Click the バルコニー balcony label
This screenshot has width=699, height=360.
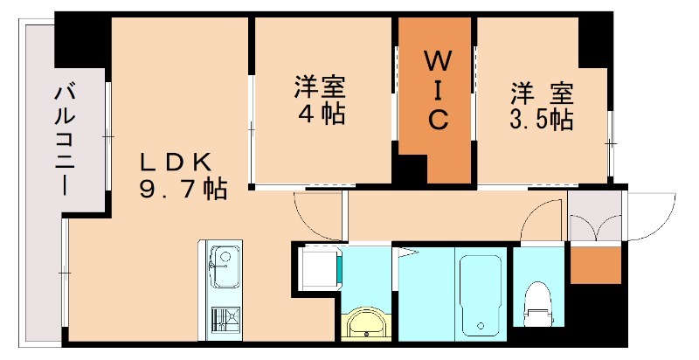tap(63, 139)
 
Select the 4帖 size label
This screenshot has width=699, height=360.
tap(320, 114)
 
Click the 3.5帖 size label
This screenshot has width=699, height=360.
tap(541, 119)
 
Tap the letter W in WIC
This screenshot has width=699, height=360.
tap(437, 61)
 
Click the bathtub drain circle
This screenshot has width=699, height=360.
tap(480, 326)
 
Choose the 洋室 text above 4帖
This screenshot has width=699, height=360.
tap(320, 88)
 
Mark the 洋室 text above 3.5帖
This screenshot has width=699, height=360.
tap(541, 93)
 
